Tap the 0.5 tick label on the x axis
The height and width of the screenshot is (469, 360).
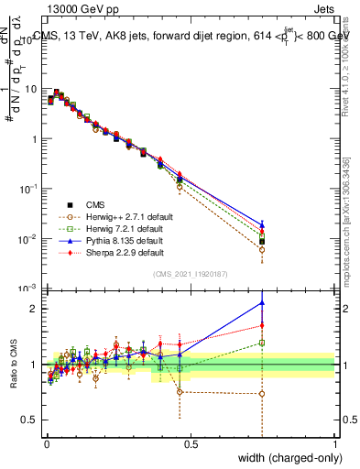click(191, 444)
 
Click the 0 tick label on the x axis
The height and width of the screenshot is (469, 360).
click(47, 444)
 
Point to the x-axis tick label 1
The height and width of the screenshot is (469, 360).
click(334, 444)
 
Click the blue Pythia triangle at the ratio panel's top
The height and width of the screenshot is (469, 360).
click(262, 302)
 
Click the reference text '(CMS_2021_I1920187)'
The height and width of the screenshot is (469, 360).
click(191, 275)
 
